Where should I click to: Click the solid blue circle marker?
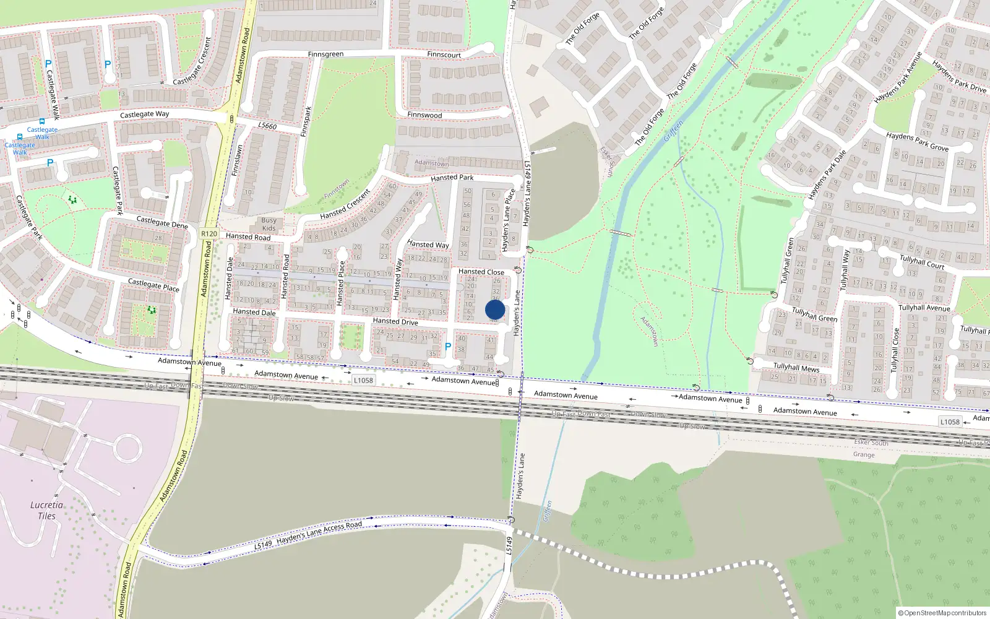[495, 309]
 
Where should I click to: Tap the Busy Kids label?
[269, 224]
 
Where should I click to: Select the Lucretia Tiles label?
[46, 510]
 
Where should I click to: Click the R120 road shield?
[209, 234]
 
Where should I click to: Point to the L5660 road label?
[267, 126]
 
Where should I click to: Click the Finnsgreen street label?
[325, 54]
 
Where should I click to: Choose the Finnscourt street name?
[444, 54]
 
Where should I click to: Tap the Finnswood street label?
[424, 115]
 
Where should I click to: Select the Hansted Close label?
[481, 272]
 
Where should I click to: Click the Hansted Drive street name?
[395, 321]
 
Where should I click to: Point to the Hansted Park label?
[452, 178]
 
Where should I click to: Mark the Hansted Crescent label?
[345, 204]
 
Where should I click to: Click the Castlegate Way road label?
[144, 115]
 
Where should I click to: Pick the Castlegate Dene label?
[161, 222]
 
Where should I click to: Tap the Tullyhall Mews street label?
[796, 367]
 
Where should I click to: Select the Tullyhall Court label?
[921, 262]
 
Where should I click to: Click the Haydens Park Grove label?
[917, 142]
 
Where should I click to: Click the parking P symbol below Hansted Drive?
[448, 347]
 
